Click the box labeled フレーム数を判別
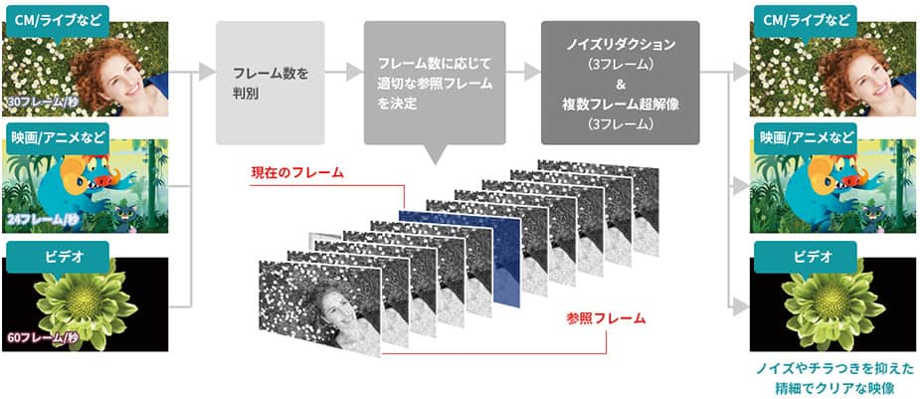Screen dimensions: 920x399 click(270, 83)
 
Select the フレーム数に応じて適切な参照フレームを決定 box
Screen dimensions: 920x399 click(435, 83)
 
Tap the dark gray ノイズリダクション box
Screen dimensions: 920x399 click(621, 83)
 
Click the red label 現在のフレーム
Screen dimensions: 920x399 click(297, 173)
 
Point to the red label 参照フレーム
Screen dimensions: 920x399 click(606, 318)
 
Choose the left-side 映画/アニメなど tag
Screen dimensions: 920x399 click(58, 139)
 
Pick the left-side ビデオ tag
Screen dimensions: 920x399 click(58, 257)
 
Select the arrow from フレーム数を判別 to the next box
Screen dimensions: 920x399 click(344, 73)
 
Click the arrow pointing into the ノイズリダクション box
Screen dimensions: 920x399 click(523, 73)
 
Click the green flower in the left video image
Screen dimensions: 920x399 click(87, 299)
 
